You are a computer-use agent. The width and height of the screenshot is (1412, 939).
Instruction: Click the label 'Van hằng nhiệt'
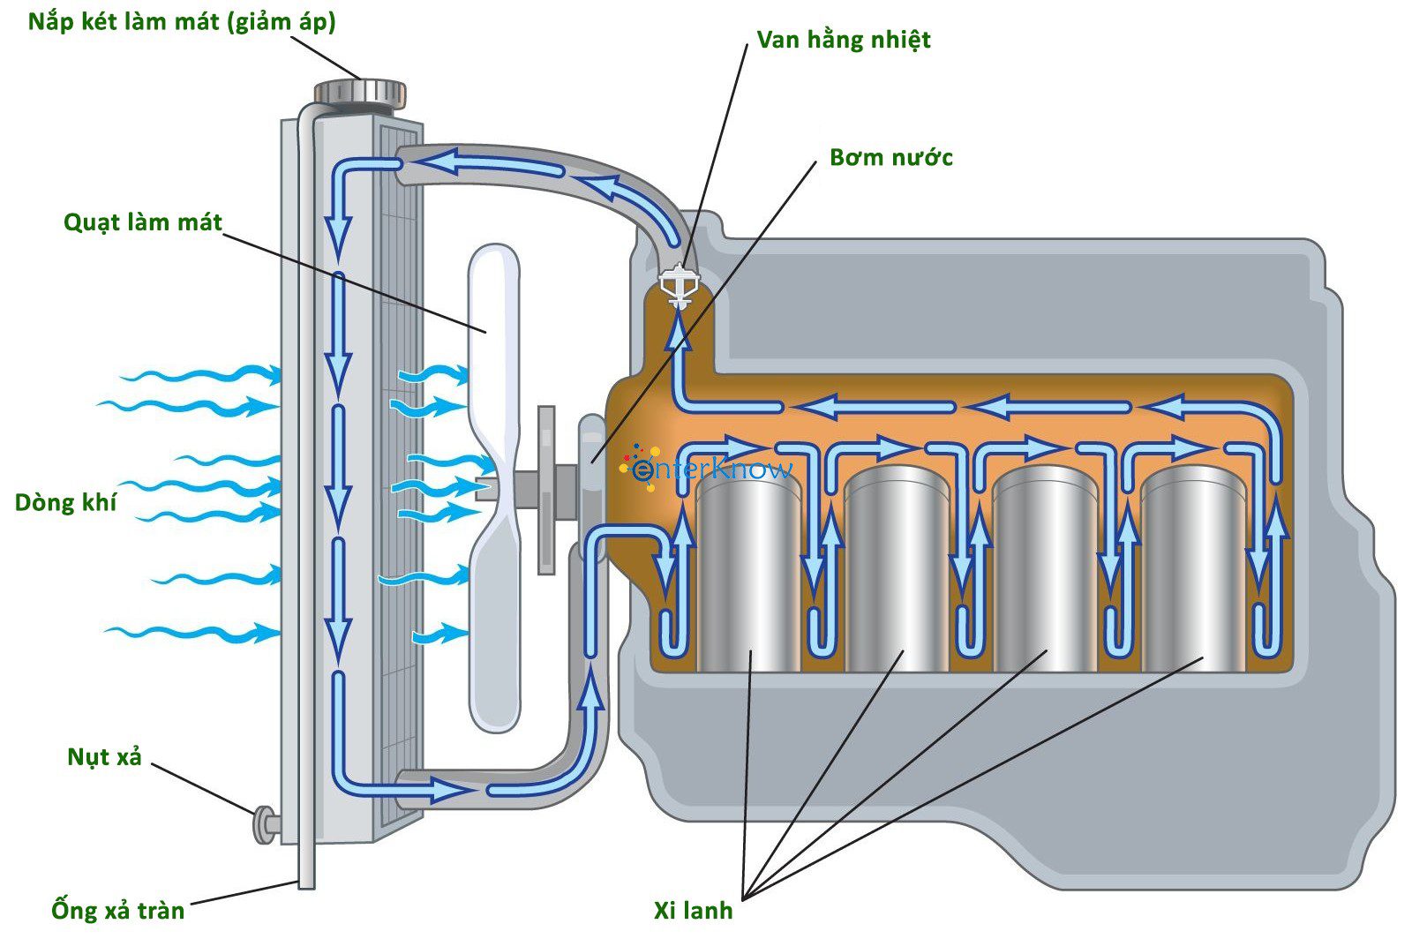coord(843,41)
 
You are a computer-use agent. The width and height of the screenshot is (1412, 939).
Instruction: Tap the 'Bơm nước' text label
coord(890,158)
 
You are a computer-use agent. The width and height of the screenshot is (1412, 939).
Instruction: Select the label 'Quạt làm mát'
coord(143,222)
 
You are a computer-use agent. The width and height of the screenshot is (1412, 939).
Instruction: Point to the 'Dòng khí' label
coord(65,503)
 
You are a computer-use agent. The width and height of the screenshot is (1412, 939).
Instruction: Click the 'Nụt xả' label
coord(104,757)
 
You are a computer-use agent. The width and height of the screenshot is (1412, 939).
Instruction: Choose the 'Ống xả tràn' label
coord(117,910)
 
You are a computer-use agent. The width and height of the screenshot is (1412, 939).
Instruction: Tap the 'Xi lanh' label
coord(693,911)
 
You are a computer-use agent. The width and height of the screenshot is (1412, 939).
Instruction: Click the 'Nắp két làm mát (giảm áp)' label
coord(182,22)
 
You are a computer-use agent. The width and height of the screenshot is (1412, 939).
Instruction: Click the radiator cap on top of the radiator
coord(360,92)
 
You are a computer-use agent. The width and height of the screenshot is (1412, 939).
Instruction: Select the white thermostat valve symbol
coord(678,285)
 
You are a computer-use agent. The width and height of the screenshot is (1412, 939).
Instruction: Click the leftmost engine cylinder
coord(747,569)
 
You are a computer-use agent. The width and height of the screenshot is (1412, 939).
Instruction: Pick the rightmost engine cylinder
coord(1192,569)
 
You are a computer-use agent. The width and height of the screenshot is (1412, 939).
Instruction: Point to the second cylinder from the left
coord(896,569)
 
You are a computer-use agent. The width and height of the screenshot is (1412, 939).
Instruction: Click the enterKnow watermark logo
coord(711,469)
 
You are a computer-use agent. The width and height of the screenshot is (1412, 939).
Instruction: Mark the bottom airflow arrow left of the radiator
coord(190,632)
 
